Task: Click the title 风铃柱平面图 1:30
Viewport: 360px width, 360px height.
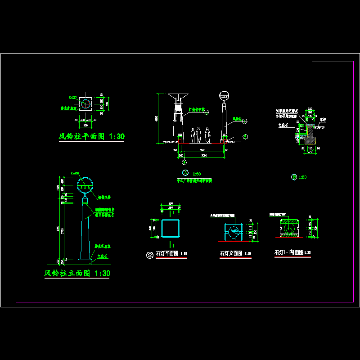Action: coord(92,136)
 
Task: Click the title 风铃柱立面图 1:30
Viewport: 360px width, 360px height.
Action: coord(77,273)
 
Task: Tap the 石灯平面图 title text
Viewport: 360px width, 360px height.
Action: coord(167,254)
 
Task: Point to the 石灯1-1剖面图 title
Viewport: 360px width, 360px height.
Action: coord(289,252)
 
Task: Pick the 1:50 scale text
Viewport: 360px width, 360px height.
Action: coord(197,173)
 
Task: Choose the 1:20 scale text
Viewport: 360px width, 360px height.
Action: coord(302,177)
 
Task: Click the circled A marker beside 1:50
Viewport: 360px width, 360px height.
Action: coord(184,173)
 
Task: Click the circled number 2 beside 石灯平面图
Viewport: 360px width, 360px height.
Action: coord(149,255)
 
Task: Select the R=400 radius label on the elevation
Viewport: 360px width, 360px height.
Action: coord(75,173)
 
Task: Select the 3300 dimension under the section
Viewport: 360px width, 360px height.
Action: coord(203,155)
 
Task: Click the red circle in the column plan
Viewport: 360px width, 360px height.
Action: coord(85,104)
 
